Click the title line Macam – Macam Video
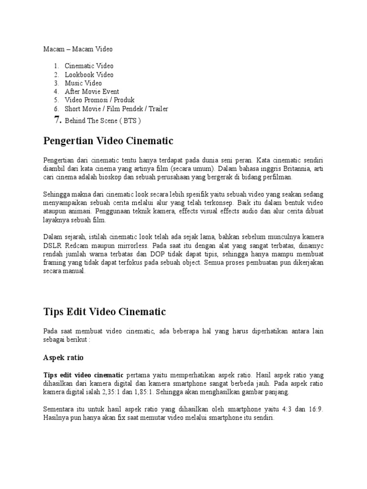coord(77,49)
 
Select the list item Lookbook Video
coord(89,74)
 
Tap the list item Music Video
coord(83,83)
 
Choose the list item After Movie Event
coord(92,92)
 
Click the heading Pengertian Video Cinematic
coord(108,141)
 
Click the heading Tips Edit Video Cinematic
coord(104,312)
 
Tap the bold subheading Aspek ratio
coord(63,357)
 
